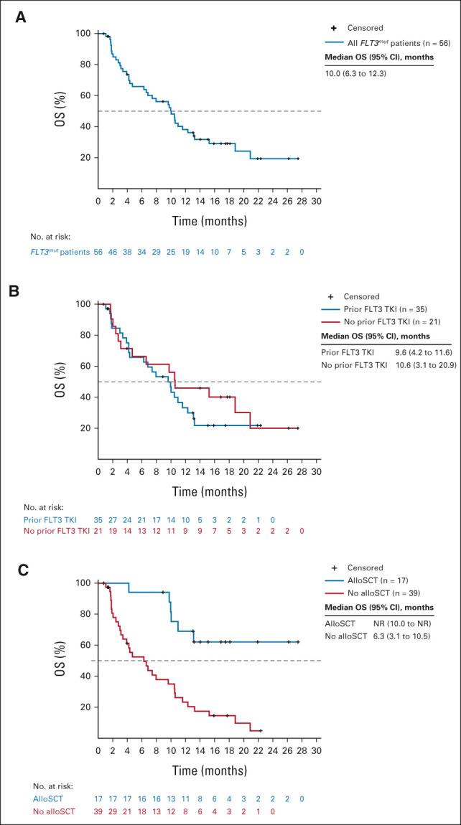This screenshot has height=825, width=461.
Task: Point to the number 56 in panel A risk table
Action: (99, 254)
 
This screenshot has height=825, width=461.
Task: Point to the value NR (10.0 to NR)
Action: (403, 623)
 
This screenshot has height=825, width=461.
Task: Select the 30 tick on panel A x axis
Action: (317, 201)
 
